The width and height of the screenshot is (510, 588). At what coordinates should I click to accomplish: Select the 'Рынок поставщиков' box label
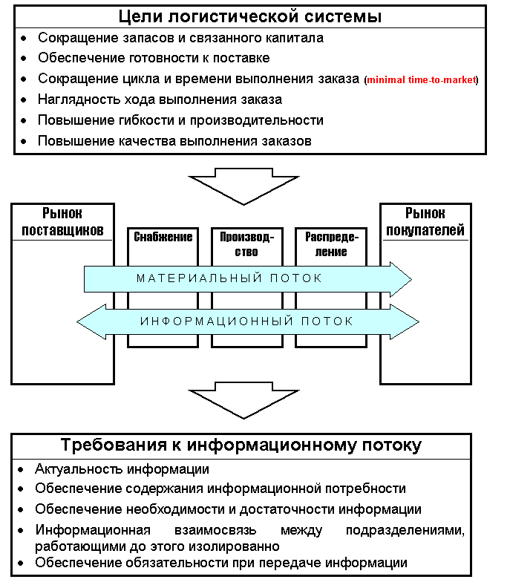pyautogui.click(x=62, y=221)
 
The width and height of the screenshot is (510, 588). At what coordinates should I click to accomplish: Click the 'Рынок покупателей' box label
pyautogui.click(x=424, y=221)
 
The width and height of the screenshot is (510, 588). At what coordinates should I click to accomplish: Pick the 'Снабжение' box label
pyautogui.click(x=163, y=238)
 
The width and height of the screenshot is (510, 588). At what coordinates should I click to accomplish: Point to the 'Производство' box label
pyautogui.click(x=247, y=244)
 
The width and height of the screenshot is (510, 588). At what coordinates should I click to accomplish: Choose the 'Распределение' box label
pyautogui.click(x=331, y=244)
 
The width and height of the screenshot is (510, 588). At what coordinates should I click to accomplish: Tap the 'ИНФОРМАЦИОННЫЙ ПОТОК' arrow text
pyautogui.click(x=246, y=321)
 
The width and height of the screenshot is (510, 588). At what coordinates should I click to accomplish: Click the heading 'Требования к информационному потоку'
pyautogui.click(x=241, y=445)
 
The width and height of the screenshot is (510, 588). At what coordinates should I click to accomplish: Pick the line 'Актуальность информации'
pyautogui.click(x=122, y=469)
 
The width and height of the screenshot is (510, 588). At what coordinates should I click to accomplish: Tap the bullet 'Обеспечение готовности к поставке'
pyautogui.click(x=154, y=57)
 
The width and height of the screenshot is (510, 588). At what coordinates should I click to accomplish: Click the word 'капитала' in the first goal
pyautogui.click(x=295, y=36)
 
